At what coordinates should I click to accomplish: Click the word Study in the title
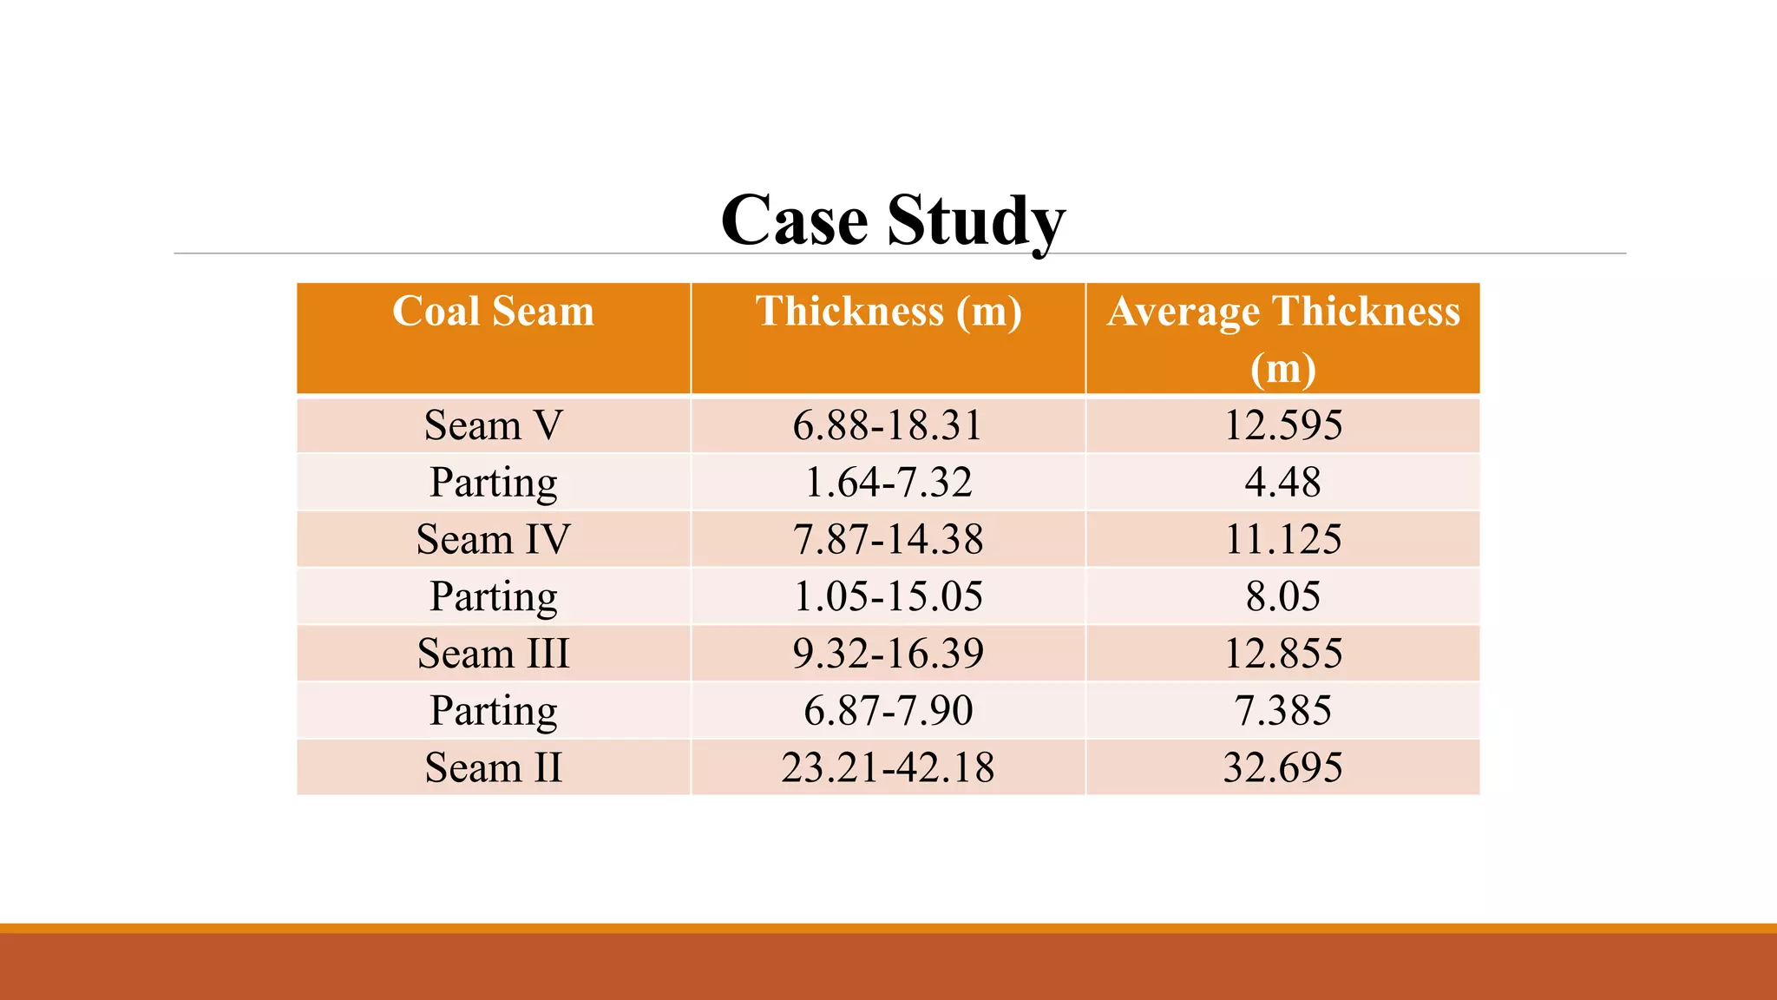click(x=975, y=220)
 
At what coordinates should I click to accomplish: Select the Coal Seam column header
click(x=493, y=312)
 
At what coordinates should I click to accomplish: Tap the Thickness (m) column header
click(x=888, y=312)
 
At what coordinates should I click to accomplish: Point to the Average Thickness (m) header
click(x=1282, y=338)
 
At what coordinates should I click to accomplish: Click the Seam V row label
click(x=493, y=425)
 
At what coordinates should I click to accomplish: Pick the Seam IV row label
click(x=493, y=539)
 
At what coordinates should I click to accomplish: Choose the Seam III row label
click(x=493, y=654)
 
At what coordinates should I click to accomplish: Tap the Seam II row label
click(x=493, y=767)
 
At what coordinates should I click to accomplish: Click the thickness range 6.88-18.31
click(x=888, y=425)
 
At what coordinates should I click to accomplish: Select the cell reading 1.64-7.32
click(x=888, y=483)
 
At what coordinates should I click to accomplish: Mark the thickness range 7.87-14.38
click(x=888, y=539)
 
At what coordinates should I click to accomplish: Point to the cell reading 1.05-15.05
click(x=888, y=596)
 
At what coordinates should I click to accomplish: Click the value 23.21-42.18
click(x=888, y=767)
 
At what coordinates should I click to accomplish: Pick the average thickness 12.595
click(x=1282, y=425)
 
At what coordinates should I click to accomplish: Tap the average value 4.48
click(x=1282, y=483)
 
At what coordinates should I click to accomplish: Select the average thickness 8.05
click(x=1282, y=596)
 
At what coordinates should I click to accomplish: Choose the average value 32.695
click(x=1282, y=767)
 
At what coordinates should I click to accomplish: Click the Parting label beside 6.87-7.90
click(x=493, y=711)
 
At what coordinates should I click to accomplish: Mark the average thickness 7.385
click(x=1282, y=711)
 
